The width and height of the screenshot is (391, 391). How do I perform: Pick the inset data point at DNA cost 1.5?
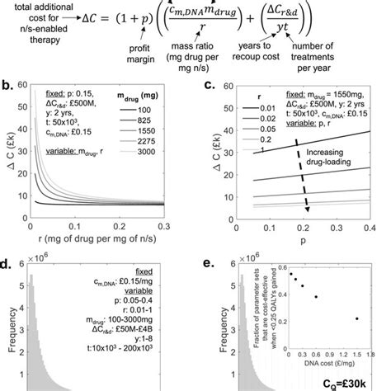(x=356, y=318)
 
